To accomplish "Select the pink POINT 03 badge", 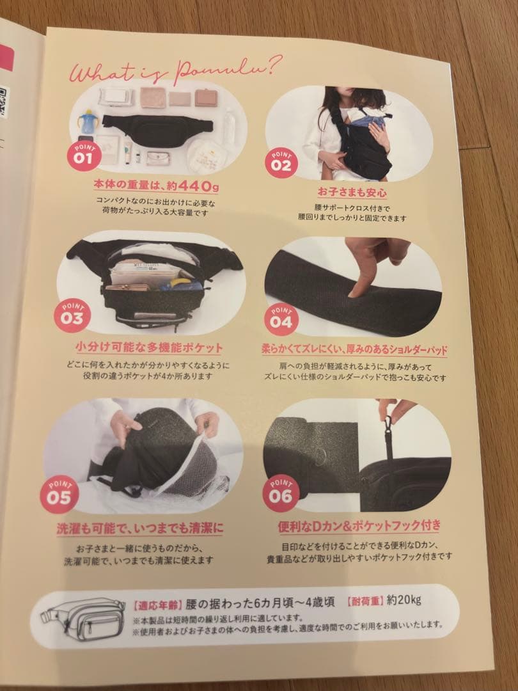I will click(72, 315).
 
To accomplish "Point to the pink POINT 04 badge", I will click(281, 317).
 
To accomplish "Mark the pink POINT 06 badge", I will click(281, 493).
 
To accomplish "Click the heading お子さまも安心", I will click(351, 192).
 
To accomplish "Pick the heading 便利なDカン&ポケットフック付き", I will click(359, 527).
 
